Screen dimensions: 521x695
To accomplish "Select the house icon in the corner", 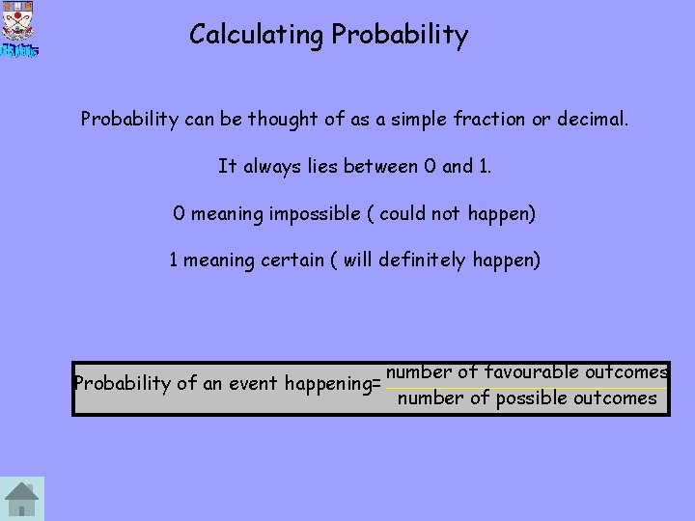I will tap(21, 499).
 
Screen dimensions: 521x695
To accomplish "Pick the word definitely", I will tap(422, 260).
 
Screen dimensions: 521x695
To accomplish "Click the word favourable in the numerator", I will tap(532, 371).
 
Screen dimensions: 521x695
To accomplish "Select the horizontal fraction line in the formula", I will tap(526, 387).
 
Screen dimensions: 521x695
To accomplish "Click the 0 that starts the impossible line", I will tap(179, 213).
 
